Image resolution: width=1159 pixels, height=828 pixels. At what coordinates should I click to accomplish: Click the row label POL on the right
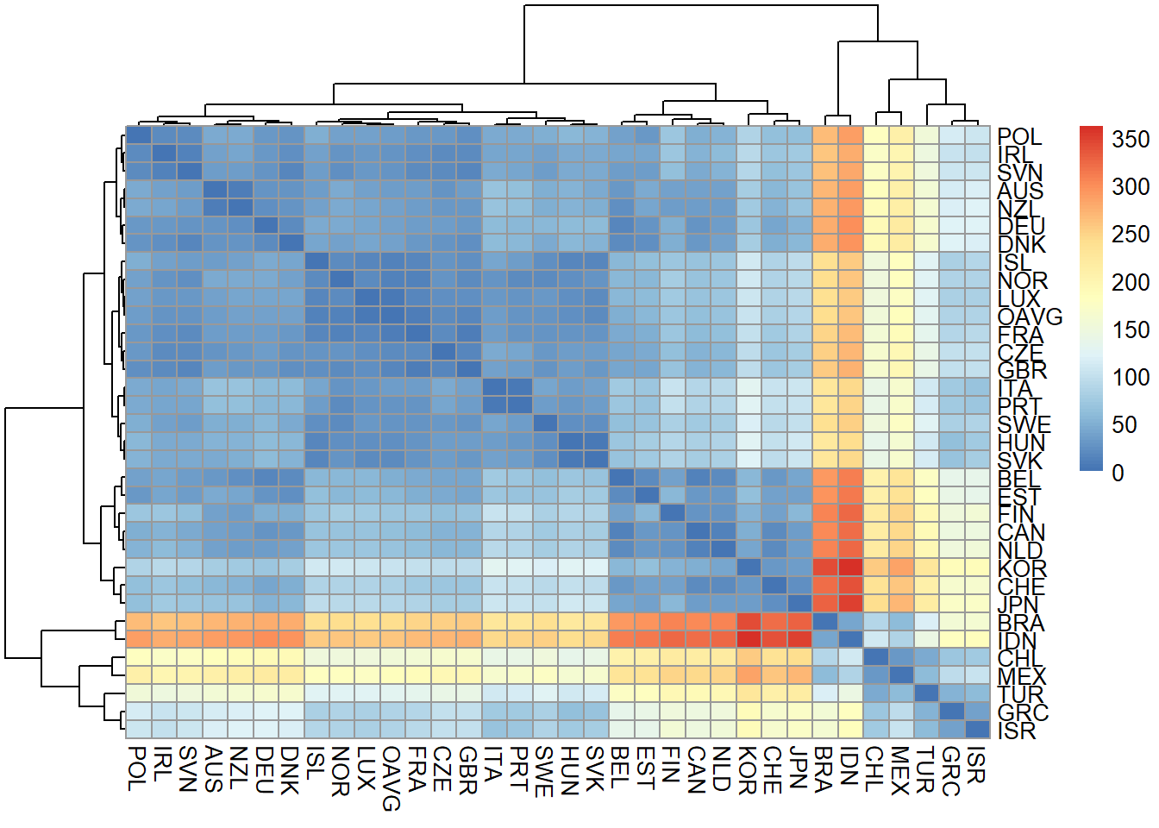point(1019,136)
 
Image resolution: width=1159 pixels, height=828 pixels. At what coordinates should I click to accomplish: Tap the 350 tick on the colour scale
point(1130,139)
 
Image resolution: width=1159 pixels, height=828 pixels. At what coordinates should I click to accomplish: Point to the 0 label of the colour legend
point(1118,473)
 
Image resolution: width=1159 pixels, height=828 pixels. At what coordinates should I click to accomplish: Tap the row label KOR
point(1022,568)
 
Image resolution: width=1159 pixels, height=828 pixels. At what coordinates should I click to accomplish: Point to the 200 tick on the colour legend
point(1130,282)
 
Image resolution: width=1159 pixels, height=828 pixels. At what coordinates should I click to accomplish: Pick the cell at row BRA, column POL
point(138,621)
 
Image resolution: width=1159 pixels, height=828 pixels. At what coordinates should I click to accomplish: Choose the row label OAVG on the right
point(1030,317)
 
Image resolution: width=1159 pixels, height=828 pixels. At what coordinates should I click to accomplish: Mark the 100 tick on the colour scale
point(1130,377)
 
